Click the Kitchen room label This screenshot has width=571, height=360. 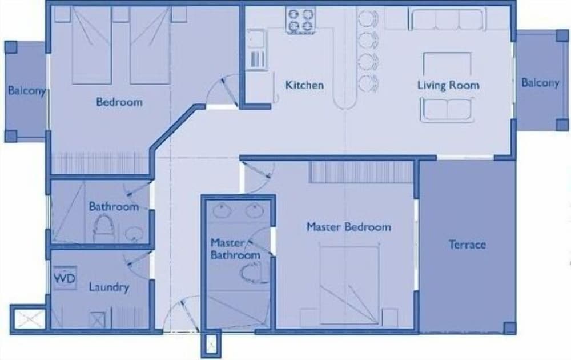304,85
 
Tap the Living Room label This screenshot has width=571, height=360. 448,85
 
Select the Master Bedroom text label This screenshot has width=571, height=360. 349,227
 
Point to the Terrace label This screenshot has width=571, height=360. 467,244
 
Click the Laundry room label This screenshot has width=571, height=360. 109,287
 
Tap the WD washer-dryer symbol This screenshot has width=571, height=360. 65,278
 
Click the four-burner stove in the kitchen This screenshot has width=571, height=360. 301,21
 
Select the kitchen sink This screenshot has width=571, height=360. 256,49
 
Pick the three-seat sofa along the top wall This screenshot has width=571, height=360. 448,19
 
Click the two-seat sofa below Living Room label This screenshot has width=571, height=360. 447,109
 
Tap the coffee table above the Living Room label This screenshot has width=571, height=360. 447,65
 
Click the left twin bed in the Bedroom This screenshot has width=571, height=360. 91,45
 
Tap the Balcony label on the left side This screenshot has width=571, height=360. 27,90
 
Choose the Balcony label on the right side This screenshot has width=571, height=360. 540,82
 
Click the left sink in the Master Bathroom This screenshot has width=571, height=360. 220,211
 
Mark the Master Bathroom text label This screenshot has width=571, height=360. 235,249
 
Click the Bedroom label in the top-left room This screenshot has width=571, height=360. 119,102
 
